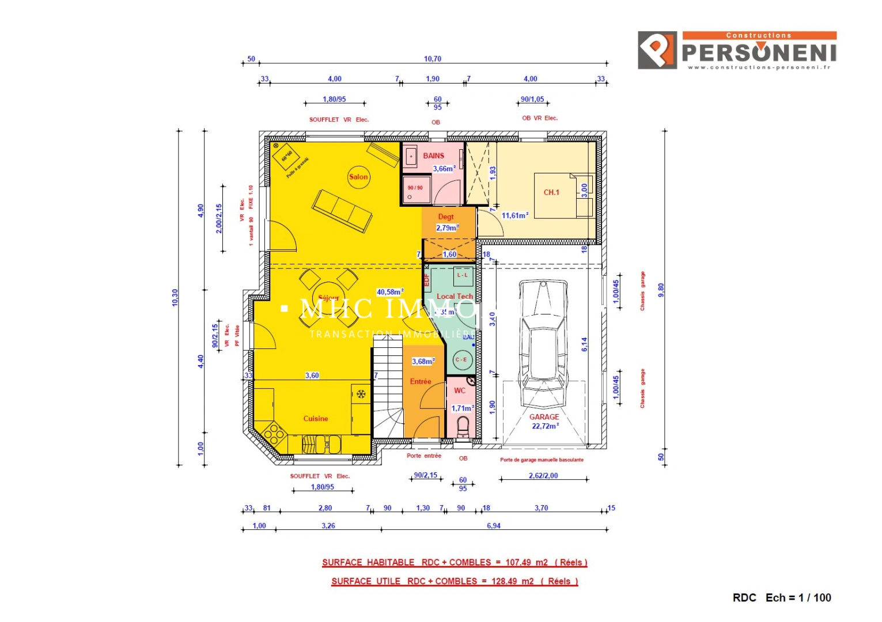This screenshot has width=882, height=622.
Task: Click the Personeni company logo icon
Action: (657, 50)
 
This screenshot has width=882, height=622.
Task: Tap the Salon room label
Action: (358, 177)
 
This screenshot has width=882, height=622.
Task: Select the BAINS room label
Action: (433, 155)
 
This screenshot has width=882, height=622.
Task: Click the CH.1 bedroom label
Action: (551, 192)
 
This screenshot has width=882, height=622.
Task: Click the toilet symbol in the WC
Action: (463, 427)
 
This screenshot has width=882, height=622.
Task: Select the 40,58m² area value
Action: (390, 292)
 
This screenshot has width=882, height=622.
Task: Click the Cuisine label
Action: (316, 419)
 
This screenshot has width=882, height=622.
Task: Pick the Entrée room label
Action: (421, 381)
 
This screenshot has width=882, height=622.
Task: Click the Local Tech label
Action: (455, 296)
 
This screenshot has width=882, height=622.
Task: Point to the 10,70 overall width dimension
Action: (433, 59)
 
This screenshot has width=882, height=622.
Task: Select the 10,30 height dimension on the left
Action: (175, 298)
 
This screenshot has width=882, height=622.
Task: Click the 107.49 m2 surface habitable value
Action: (527, 562)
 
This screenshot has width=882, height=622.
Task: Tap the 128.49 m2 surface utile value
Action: (512, 581)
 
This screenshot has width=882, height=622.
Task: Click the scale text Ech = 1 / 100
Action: (798, 598)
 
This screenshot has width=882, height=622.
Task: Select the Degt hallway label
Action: (446, 217)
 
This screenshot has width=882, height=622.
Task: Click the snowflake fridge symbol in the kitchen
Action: (361, 394)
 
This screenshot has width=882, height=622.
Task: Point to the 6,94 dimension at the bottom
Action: (494, 526)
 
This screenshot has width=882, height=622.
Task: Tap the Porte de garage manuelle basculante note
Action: (542, 460)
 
